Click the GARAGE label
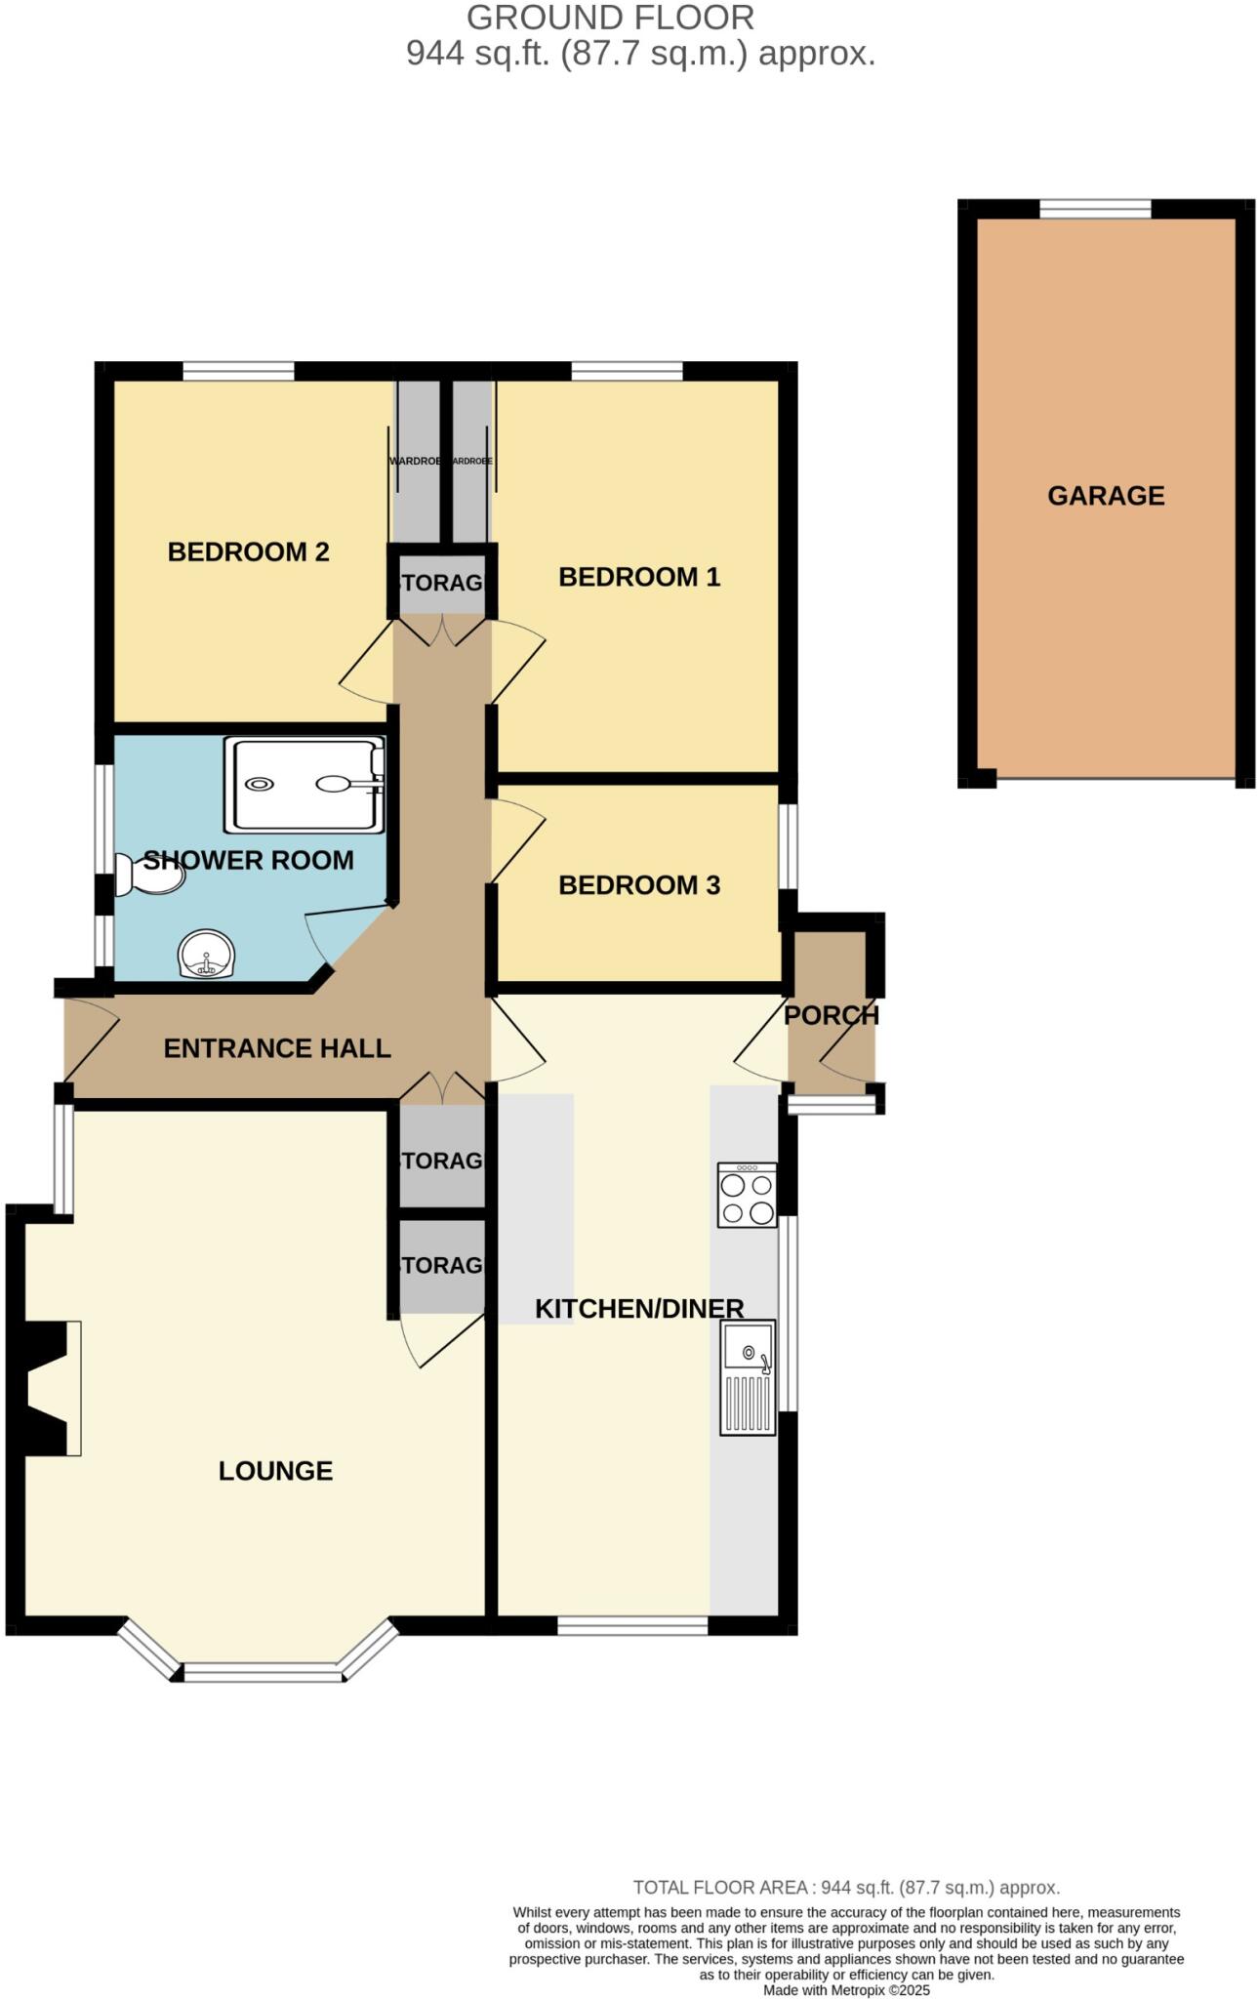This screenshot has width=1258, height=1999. click(x=1106, y=496)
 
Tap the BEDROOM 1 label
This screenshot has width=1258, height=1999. click(x=639, y=577)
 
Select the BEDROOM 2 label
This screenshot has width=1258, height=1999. click(x=248, y=552)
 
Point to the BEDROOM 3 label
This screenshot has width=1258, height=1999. click(x=639, y=885)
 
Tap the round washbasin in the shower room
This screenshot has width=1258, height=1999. click(x=206, y=955)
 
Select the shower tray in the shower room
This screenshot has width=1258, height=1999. click(x=304, y=785)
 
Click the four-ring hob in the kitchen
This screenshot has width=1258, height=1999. click(x=748, y=1195)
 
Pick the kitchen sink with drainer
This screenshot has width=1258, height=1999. click(x=748, y=1377)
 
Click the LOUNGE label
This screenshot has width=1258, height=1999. click(x=275, y=1471)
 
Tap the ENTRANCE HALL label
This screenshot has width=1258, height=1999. click(x=277, y=1048)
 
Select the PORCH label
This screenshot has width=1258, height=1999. click(x=832, y=1015)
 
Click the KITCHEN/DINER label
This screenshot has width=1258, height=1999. click(x=639, y=1309)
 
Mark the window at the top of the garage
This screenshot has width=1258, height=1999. click(x=1095, y=209)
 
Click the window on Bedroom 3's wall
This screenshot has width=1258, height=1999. click(x=788, y=846)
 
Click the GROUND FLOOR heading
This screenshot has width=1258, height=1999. click(x=610, y=18)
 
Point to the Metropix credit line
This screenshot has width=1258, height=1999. click(x=846, y=1990)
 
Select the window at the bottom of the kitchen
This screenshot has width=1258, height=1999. click(x=632, y=1625)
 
